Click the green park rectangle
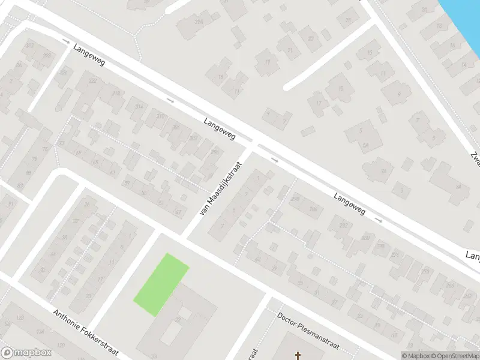(x=161, y=284)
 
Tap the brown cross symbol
(x=298, y=356)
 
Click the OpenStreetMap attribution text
(x=454, y=356)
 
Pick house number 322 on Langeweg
(x=92, y=80)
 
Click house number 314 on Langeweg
(x=139, y=106)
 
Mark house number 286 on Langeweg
(x=313, y=209)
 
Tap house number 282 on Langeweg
(x=343, y=226)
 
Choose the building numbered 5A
(x=365, y=145)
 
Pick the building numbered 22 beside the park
(x=178, y=320)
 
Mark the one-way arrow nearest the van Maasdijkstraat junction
(x=275, y=160)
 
